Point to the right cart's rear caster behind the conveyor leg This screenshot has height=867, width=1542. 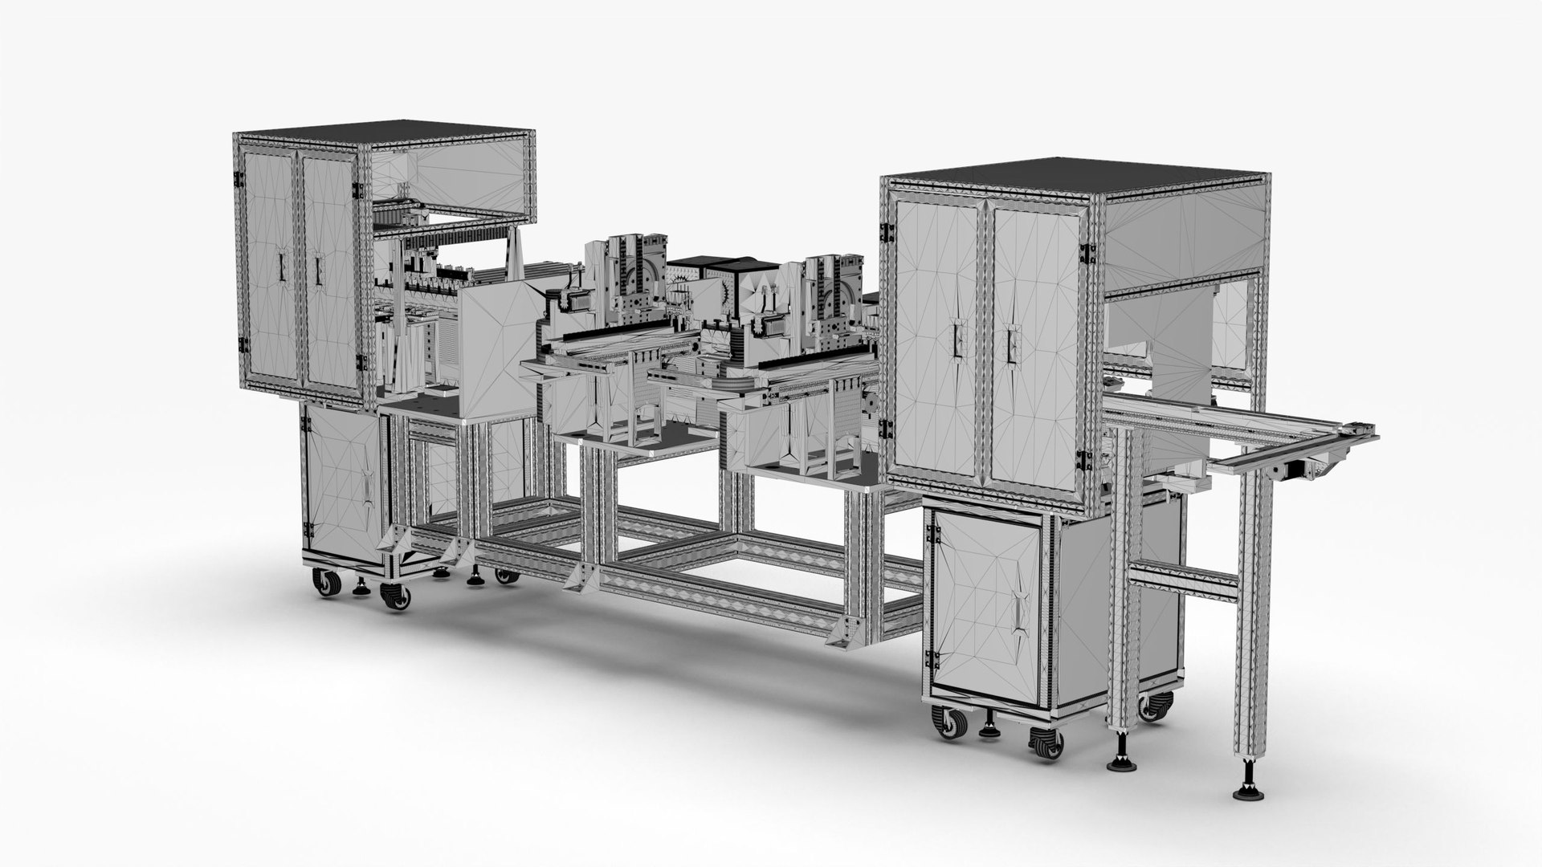click(x=1154, y=706)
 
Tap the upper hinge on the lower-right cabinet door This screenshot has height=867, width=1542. click(x=934, y=529)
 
